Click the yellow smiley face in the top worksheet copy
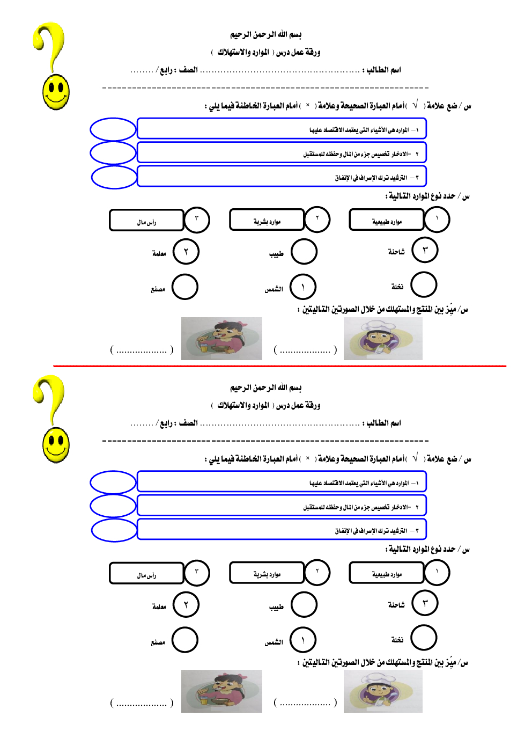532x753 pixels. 56,92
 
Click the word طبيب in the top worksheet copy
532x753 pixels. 276,253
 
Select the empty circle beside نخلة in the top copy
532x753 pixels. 424,284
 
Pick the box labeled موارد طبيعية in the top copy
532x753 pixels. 387,220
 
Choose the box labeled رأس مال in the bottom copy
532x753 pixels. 146,573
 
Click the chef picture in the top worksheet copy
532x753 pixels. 383,338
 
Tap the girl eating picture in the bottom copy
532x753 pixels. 221,691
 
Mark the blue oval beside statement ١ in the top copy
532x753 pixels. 113,129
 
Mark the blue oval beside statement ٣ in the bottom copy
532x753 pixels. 114,530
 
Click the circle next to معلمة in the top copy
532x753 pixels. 186,252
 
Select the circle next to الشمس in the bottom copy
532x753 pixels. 303,640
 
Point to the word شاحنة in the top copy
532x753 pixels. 396,252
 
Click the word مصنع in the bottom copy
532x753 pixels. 158,642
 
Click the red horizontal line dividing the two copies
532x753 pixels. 279,366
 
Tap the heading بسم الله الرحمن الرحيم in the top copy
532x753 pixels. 266,35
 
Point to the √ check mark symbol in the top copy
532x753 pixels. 415,105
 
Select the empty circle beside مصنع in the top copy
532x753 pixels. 185,287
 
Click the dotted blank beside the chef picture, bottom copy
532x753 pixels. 305,703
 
